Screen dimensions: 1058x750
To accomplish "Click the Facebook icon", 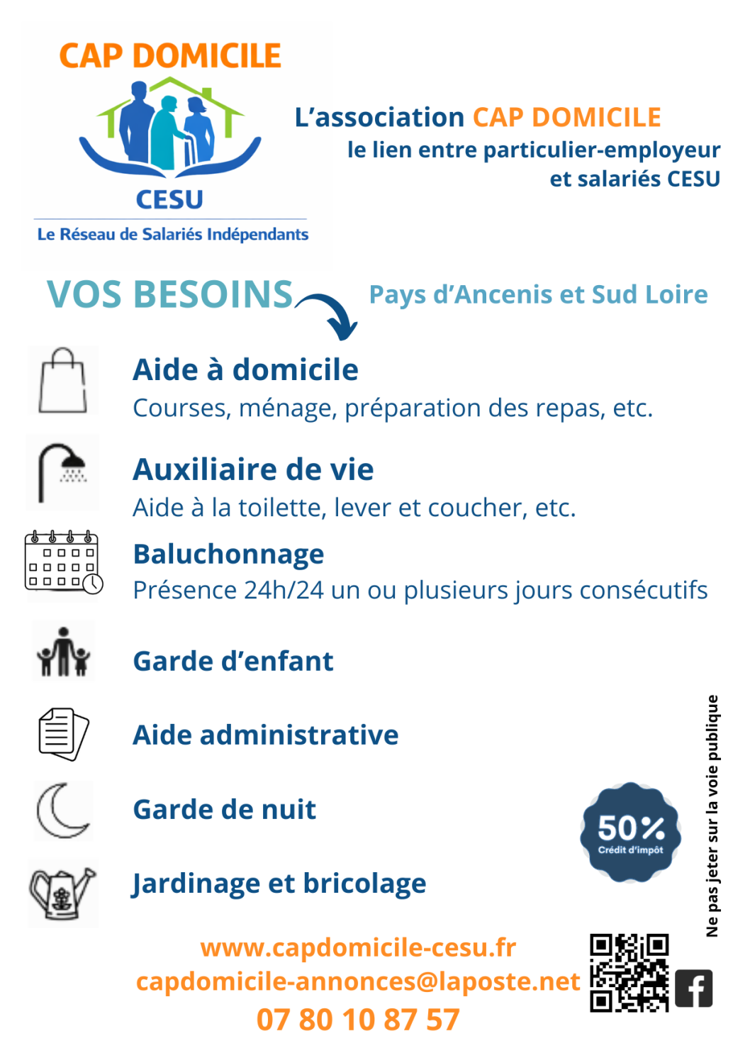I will coord(693,988).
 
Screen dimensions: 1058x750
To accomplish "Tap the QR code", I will coord(629,972).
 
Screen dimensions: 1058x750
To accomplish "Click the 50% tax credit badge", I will coord(630,833).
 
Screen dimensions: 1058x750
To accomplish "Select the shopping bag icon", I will coord(63,381).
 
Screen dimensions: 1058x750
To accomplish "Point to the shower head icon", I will coord(62,472).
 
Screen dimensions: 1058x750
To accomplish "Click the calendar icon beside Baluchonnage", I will coord(63,562).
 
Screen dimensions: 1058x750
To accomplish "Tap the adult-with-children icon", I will coord(63,652).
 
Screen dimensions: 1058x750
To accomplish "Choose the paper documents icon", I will coord(63,734).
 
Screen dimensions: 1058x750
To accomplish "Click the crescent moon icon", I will coord(62,811).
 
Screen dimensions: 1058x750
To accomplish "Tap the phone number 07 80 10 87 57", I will coord(358,1020).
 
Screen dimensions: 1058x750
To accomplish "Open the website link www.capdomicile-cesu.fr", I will coord(358,947).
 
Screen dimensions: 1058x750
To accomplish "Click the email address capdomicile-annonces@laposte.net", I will coord(358,981).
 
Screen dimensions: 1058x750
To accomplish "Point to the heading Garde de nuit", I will coord(225,810).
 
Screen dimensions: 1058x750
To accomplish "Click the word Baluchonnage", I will coord(228,555).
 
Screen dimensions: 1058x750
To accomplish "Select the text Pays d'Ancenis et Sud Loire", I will coord(538,294).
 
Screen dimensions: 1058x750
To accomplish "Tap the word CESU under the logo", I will coord(169,200).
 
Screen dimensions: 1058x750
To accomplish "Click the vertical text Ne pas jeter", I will coord(712,815).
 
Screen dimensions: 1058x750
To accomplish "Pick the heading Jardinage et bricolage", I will coord(279,884).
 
